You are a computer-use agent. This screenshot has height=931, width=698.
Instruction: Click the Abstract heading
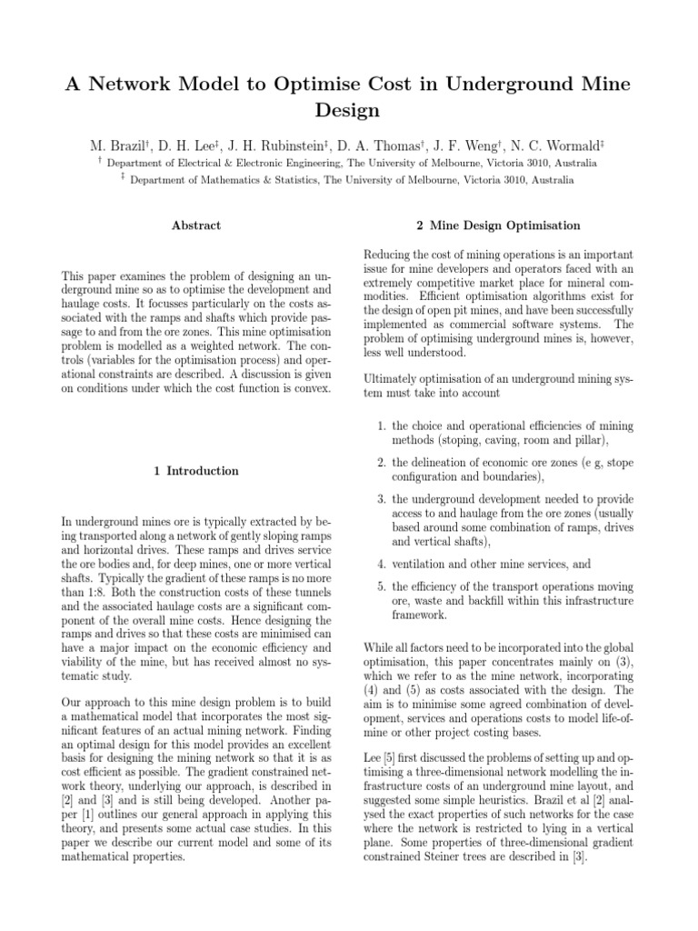tap(196, 225)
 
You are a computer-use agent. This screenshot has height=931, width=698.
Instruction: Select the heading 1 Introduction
tap(196, 471)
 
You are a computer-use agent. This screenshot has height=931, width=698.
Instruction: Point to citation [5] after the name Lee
tap(392, 756)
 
